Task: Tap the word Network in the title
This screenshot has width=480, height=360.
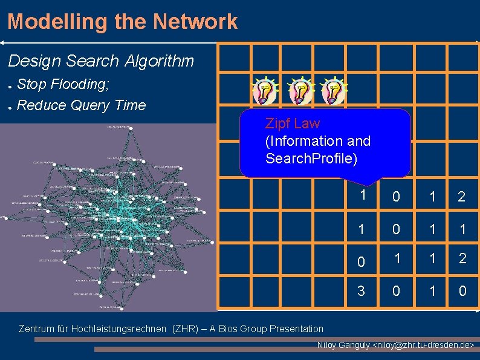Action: pos(195,22)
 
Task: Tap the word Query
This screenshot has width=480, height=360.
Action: pos(90,105)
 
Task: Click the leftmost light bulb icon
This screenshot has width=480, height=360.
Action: pos(265,91)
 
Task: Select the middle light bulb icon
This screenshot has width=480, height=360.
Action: pos(300,91)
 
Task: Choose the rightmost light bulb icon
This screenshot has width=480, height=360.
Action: pos(334,91)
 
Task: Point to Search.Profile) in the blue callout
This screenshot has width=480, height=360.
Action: pos(311,159)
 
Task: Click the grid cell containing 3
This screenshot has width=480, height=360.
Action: pos(362,291)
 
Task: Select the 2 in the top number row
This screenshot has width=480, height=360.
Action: pos(462,197)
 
